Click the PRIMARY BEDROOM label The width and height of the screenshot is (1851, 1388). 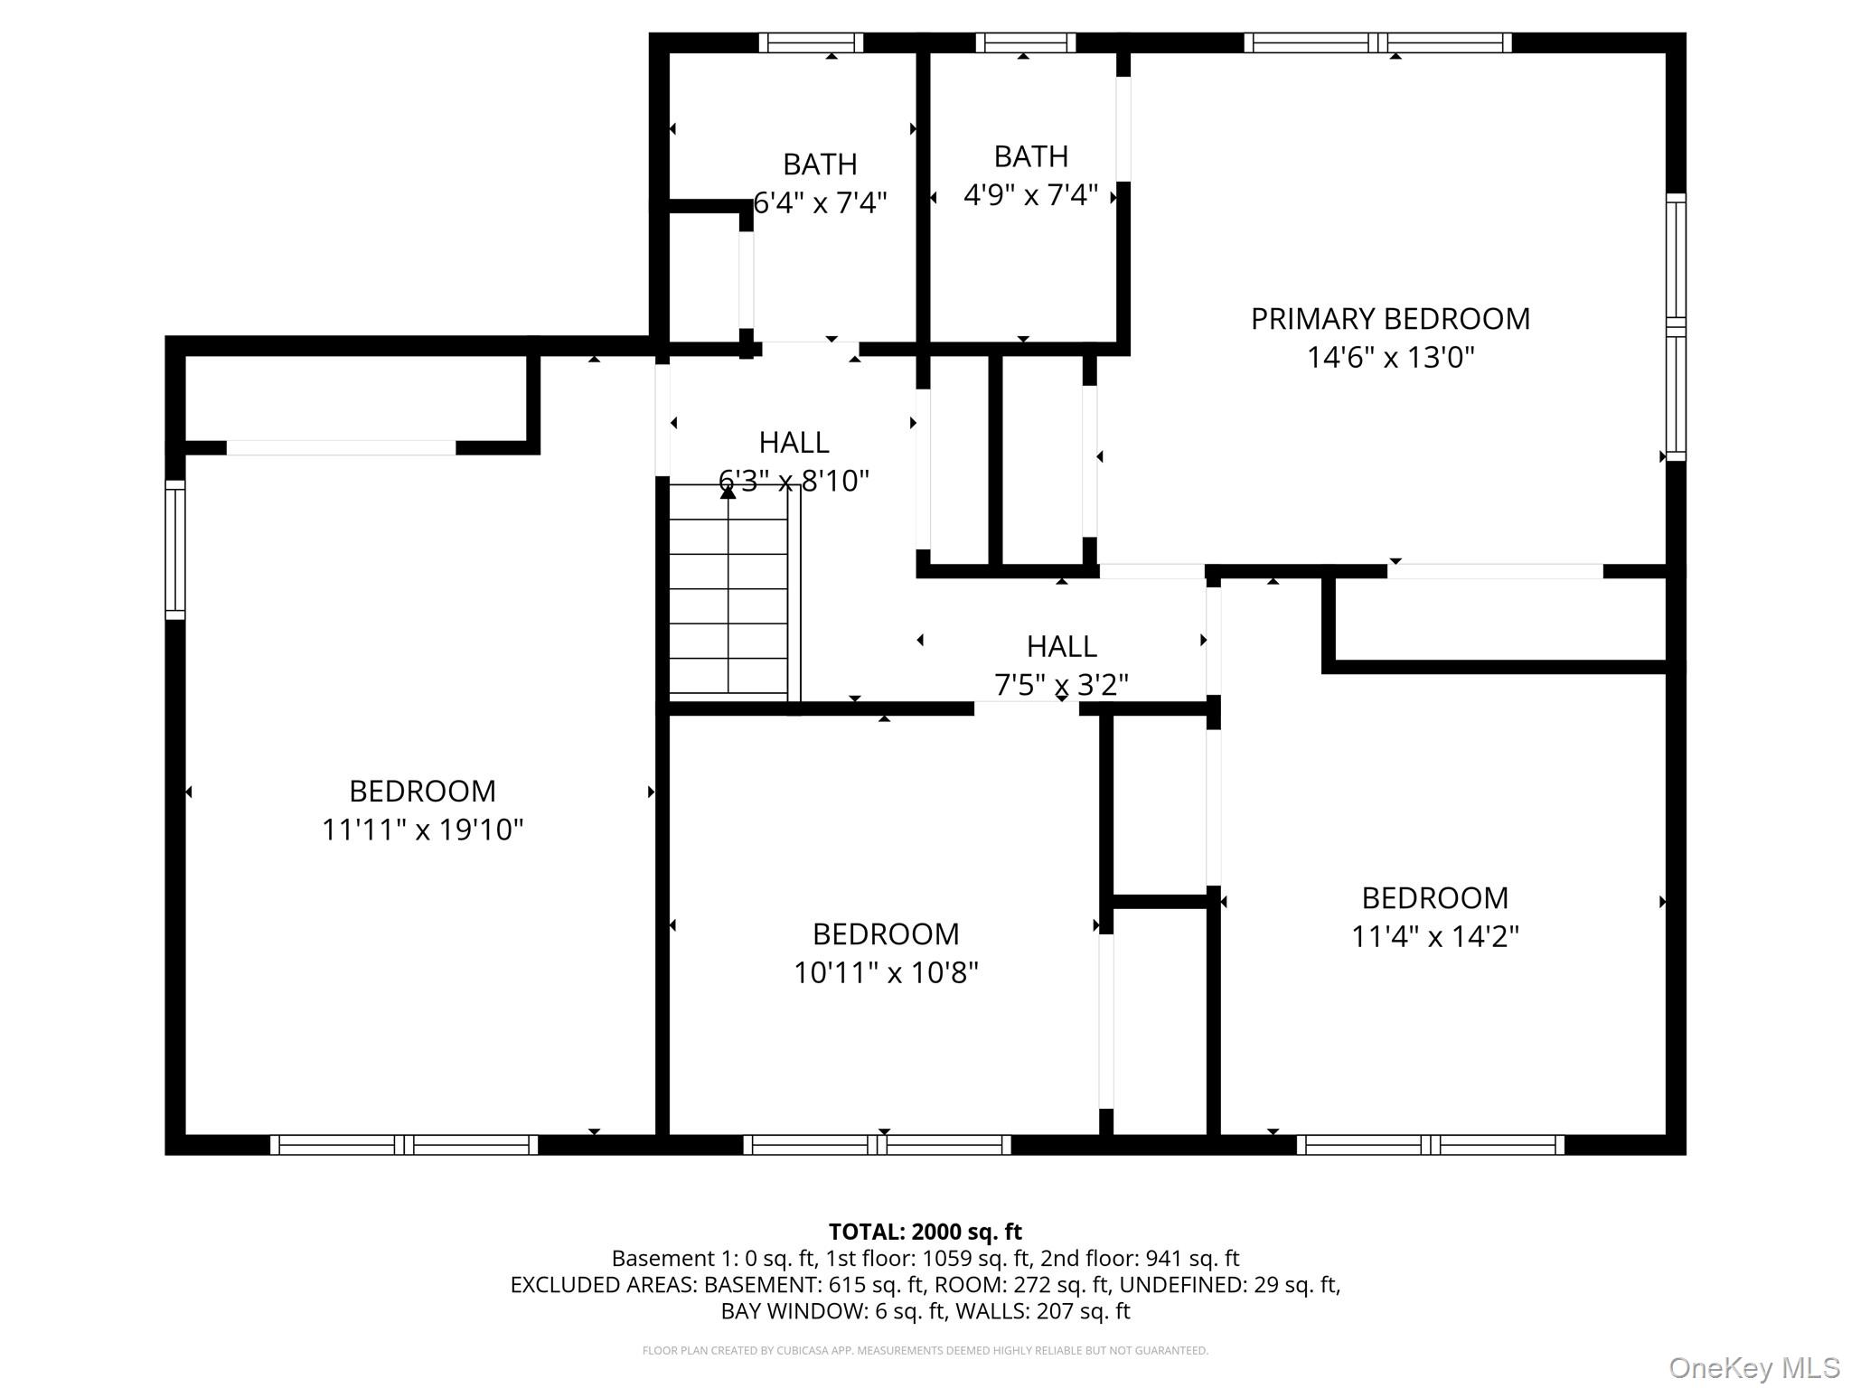coord(1390,319)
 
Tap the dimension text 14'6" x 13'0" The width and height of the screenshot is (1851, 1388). coord(1390,358)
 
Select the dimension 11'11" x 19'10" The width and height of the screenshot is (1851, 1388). coord(423,830)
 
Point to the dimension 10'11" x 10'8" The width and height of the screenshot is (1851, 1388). coord(886,972)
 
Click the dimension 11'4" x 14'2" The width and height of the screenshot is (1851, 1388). coord(1435,936)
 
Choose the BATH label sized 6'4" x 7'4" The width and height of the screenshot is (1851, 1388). coord(820,164)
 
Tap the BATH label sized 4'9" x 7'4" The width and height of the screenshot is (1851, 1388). coord(1031,156)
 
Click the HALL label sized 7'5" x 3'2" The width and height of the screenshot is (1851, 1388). coord(1062,646)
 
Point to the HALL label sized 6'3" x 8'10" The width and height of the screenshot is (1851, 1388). coord(794,442)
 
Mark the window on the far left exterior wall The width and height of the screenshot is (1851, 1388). coord(175,549)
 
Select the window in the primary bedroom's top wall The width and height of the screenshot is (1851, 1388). coord(1377,42)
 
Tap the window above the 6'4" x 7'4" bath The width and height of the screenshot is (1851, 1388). coord(811,42)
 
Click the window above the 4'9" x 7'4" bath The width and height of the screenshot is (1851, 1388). coord(1026,42)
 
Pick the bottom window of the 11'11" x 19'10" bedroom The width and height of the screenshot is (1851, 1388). coord(404,1145)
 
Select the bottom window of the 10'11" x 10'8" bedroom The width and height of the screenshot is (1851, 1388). coord(877,1145)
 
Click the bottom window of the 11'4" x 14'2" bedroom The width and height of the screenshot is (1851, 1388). coord(1431,1145)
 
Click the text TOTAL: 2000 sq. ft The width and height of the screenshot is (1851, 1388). coord(925,1232)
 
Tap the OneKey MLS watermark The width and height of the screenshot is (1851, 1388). coord(1754,1368)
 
